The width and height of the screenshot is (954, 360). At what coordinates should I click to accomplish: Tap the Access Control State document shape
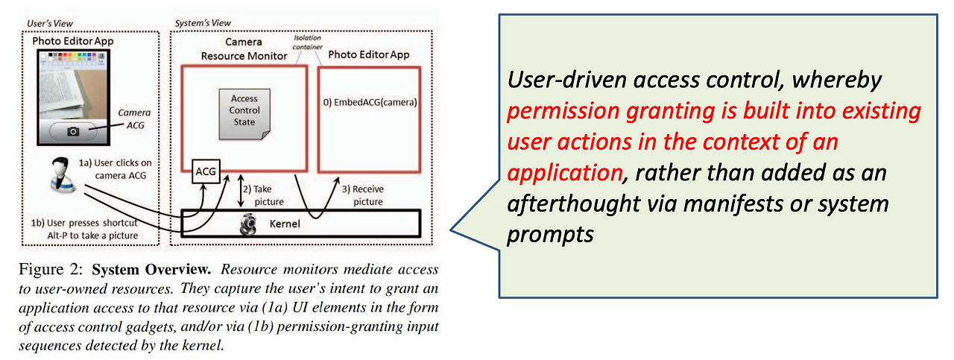[x=244, y=113]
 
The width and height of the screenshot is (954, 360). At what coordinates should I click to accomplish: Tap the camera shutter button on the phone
[x=73, y=130]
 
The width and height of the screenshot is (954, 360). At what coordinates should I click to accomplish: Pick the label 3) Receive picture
[x=363, y=195]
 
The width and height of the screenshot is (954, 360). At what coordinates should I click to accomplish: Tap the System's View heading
[x=202, y=24]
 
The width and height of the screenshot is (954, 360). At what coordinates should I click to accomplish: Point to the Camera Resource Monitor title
[x=244, y=49]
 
